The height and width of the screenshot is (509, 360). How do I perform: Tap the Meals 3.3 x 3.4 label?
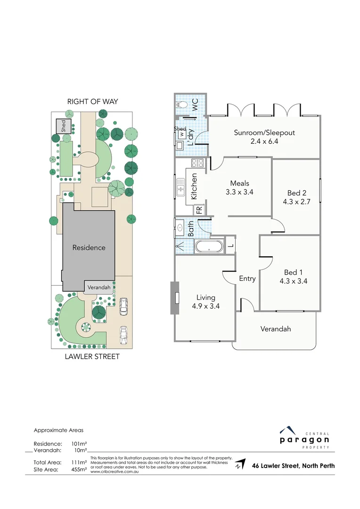[x=239, y=188]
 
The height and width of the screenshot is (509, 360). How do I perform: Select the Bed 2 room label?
[x=297, y=197]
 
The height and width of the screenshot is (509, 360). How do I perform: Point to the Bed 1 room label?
[x=290, y=277]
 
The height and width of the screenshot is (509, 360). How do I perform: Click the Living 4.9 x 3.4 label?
[x=205, y=302]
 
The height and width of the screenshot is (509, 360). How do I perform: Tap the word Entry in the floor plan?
[x=247, y=279]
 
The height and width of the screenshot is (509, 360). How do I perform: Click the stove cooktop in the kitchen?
[x=196, y=164]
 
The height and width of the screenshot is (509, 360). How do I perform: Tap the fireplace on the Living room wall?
[x=175, y=298]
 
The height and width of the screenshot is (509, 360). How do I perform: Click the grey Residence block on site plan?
[x=89, y=247]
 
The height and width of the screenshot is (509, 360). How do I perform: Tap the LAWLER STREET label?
[x=92, y=357]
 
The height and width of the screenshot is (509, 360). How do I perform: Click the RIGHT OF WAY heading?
[x=92, y=101]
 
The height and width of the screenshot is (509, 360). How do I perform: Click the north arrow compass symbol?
[x=240, y=464]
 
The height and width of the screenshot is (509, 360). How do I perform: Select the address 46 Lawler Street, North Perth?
[x=293, y=466]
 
